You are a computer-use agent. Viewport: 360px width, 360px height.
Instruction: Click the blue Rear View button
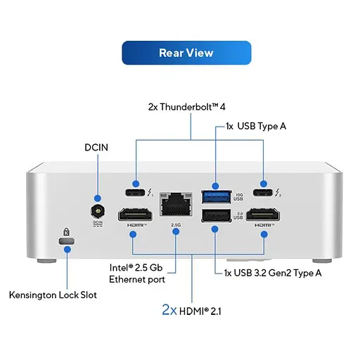[x=186, y=53]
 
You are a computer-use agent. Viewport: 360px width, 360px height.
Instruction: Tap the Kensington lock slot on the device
[x=67, y=242]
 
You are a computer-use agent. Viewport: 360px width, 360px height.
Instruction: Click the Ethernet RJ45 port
[x=175, y=205]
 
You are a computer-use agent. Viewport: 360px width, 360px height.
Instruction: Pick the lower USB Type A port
[x=214, y=216]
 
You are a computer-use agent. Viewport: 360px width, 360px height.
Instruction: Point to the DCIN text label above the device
[x=97, y=148]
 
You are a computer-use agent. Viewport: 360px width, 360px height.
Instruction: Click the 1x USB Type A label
[x=256, y=127]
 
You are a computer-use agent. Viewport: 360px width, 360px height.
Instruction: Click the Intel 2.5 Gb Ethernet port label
[x=137, y=274]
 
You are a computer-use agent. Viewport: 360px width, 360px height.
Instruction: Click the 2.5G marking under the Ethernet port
[x=175, y=225]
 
